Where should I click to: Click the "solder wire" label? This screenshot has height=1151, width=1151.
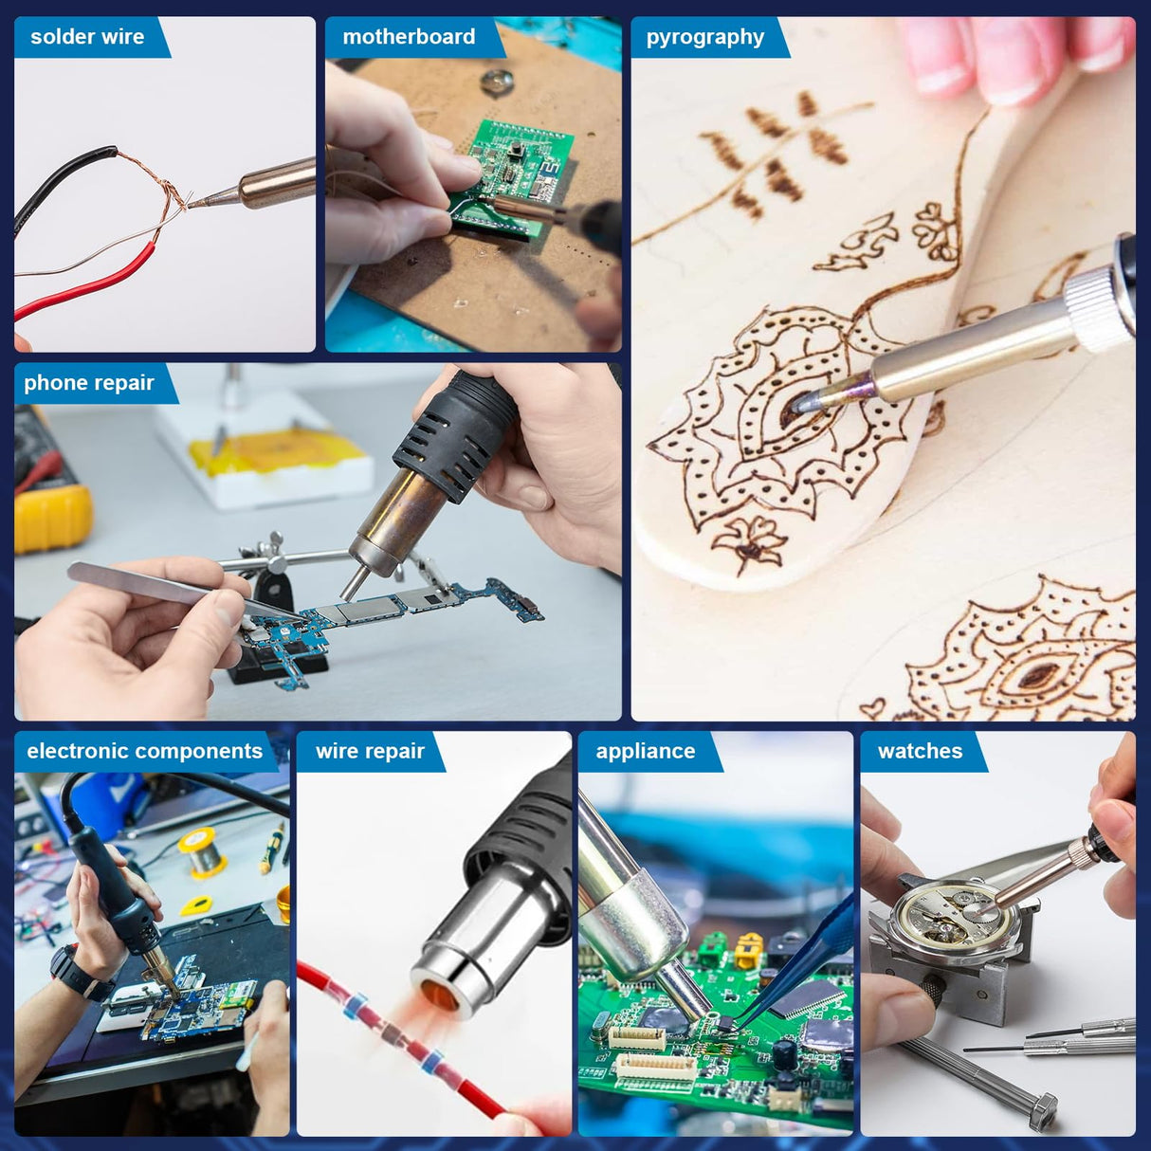tap(87, 37)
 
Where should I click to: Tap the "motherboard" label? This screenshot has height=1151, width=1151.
tap(409, 37)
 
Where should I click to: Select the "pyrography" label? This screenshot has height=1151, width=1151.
tap(704, 37)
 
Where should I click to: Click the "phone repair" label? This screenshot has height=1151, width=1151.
tap(89, 383)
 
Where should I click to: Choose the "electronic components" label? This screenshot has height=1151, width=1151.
tap(144, 751)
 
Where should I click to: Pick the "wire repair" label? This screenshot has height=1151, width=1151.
tap(370, 751)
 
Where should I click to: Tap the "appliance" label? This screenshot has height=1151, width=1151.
tap(646, 751)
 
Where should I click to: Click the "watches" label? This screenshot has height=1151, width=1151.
tap(920, 751)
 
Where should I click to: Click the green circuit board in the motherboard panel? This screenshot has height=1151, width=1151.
tap(512, 171)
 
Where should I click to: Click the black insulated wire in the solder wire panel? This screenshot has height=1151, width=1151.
tap(57, 180)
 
